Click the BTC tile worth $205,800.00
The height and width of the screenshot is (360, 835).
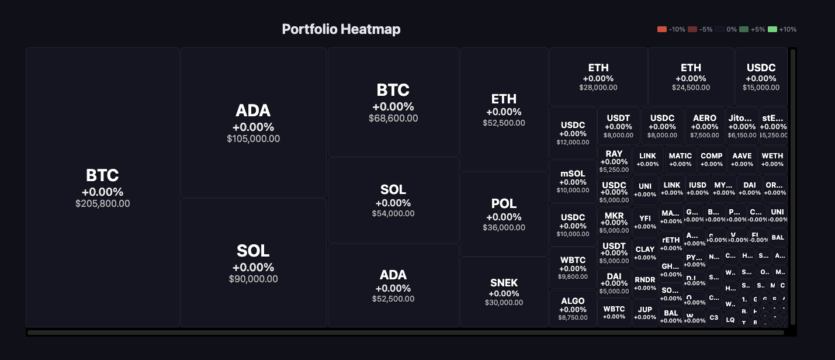103,187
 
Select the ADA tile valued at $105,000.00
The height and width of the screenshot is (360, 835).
253,123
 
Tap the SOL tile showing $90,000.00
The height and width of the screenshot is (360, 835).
253,262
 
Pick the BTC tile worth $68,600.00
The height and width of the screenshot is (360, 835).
393,102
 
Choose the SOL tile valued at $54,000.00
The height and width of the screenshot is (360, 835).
393,200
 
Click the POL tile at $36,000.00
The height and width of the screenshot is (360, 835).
504,214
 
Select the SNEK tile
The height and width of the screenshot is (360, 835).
504,291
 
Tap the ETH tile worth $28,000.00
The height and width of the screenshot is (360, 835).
598,77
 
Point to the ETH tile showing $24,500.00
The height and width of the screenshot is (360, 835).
691,77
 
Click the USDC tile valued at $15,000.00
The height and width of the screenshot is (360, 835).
761,77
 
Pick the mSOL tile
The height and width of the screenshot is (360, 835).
573,181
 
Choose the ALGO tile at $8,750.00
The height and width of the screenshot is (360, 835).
573,308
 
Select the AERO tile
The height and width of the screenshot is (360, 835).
704,126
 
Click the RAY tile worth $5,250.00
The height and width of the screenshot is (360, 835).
614,161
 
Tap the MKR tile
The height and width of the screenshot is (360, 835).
614,222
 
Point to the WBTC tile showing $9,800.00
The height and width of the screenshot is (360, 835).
573,267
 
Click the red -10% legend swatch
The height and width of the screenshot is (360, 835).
661,29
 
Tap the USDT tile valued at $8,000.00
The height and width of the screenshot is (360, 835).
618,126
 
